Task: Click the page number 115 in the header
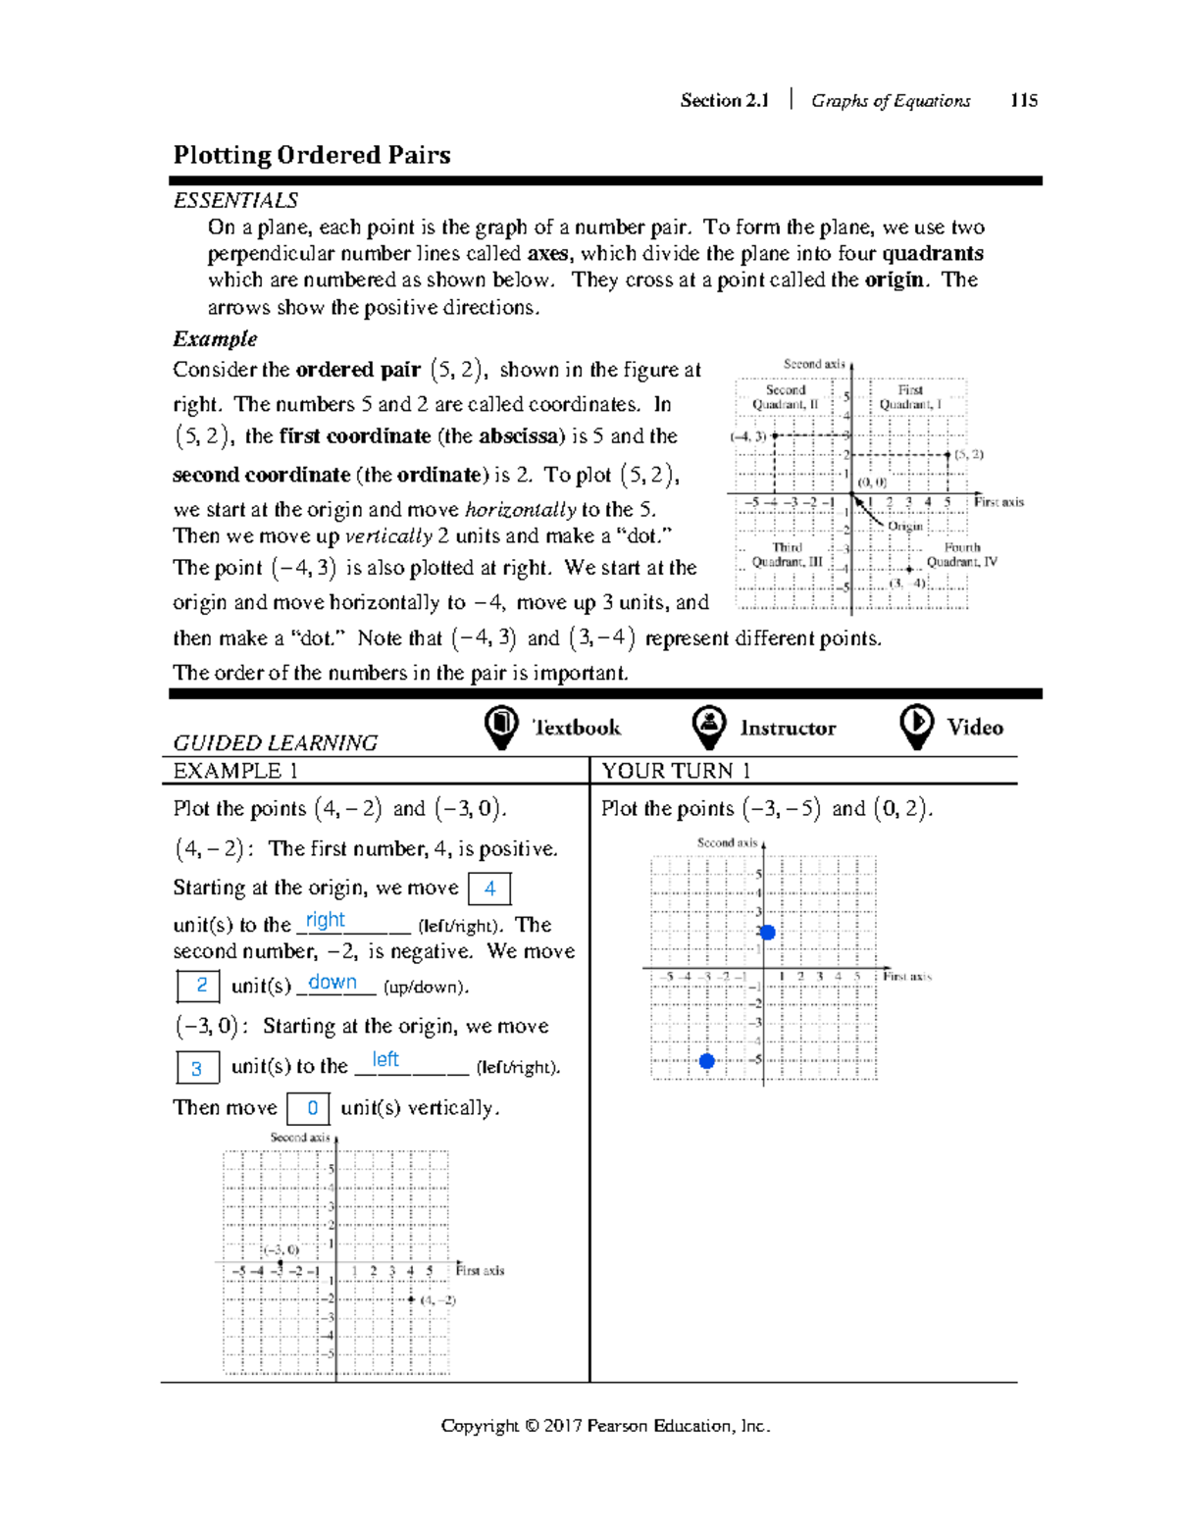point(1023,100)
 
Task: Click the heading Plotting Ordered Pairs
point(312,155)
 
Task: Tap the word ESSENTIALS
point(235,200)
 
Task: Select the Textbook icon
point(501,727)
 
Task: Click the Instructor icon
point(708,727)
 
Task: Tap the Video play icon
point(916,727)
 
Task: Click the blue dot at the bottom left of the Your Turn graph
point(706,1060)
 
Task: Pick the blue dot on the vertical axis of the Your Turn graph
point(767,932)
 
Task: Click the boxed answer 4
point(489,888)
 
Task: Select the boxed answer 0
point(312,1108)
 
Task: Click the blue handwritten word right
point(325,920)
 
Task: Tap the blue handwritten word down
point(333,982)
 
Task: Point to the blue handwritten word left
point(385,1059)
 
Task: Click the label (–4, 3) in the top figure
point(748,436)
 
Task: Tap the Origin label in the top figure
point(904,527)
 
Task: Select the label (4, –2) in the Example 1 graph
point(437,1300)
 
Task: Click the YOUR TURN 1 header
point(676,771)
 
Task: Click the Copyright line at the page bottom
point(605,1426)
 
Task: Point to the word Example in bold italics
point(215,339)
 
